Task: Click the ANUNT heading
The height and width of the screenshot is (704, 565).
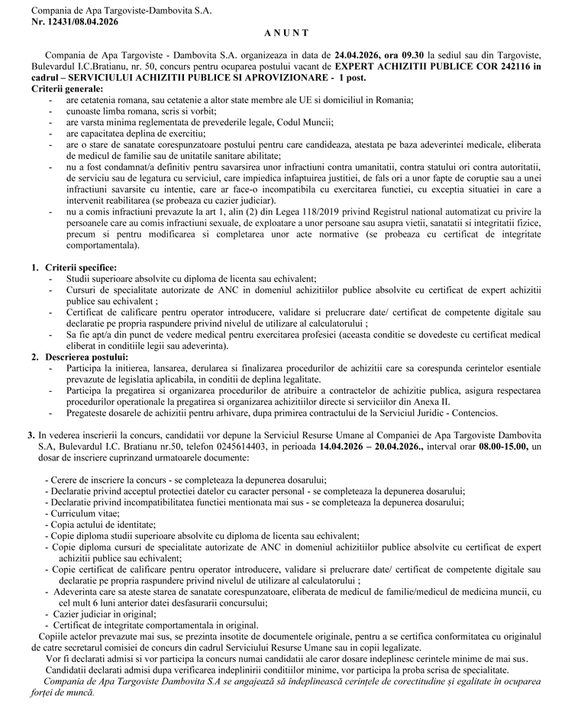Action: coord(287,34)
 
